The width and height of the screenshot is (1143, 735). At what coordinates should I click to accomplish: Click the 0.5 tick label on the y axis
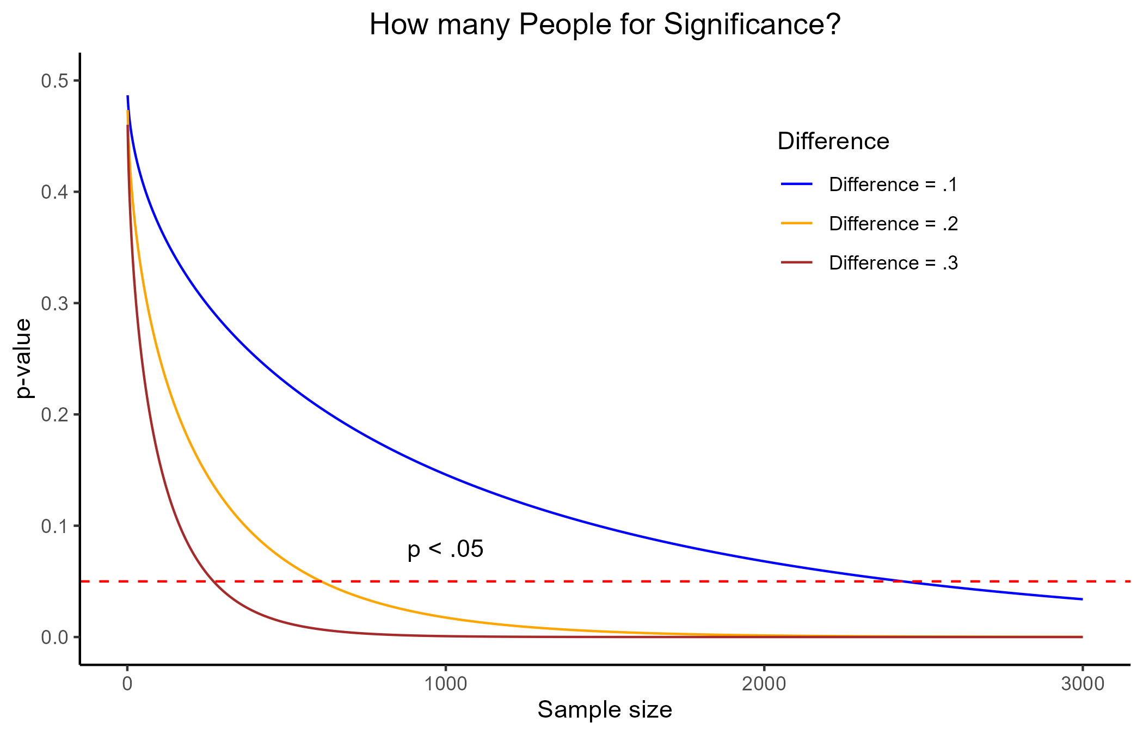tap(54, 81)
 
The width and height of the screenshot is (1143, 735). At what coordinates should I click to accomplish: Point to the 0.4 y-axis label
tap(54, 192)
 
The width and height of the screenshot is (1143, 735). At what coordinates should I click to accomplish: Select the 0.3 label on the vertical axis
tap(54, 303)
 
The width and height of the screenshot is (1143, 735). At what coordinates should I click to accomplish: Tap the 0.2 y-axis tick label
tap(54, 414)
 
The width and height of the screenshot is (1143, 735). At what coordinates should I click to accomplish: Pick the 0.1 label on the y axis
tap(54, 526)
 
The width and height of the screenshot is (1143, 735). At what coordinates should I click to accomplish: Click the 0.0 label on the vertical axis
tap(54, 637)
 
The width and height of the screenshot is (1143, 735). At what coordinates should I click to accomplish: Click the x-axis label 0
tap(127, 684)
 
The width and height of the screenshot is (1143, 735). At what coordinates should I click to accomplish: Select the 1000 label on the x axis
tap(446, 684)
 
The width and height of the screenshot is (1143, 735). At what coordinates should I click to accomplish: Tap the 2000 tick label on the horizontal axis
tap(764, 684)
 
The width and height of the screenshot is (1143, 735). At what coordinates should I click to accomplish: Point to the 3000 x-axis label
tap(1083, 684)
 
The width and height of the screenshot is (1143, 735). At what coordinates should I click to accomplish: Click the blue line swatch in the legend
tap(796, 184)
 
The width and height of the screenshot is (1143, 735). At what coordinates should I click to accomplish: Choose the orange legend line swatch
tap(796, 223)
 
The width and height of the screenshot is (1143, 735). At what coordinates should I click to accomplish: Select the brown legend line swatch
tap(796, 262)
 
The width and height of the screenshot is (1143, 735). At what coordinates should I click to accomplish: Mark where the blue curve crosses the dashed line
tap(901, 581)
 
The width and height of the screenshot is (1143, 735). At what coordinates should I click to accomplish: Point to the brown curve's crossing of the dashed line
tap(214, 581)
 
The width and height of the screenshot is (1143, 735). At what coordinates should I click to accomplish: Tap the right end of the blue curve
tap(1082, 599)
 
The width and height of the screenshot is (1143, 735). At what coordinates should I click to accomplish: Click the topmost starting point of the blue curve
tap(128, 96)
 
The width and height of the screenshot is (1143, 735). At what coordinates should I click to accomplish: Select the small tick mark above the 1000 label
tap(446, 667)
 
